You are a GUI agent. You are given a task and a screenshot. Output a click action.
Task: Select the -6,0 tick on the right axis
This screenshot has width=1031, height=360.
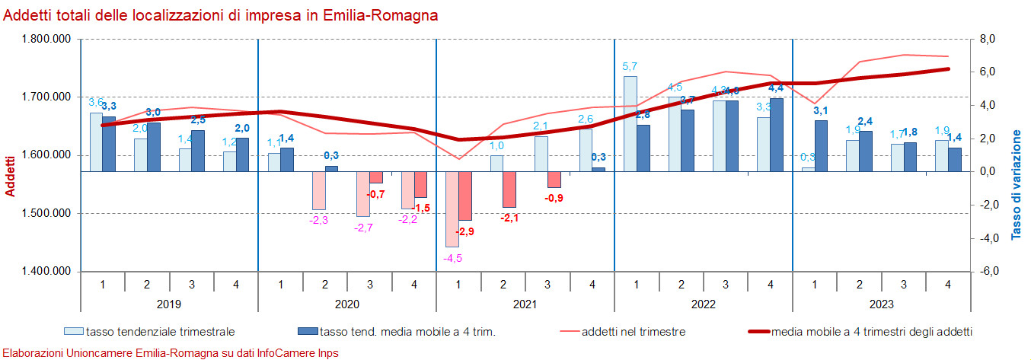coord(988,272)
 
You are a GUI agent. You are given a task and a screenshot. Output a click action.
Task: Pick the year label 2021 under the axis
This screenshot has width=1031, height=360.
coord(525,303)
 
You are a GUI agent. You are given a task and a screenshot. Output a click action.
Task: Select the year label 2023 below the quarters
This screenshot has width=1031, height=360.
coord(882,303)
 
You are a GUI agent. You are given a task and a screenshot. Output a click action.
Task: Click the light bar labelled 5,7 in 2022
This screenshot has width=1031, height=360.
coord(630,123)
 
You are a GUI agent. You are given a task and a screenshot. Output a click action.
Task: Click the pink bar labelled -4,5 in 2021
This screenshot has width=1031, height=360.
coord(452,209)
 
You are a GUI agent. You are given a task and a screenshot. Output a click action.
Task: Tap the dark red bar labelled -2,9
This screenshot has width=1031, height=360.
coord(465,196)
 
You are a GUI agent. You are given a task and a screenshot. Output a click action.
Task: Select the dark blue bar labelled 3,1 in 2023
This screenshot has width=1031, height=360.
coord(822,145)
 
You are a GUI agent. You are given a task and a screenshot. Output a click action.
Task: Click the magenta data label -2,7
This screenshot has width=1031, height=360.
coord(363,228)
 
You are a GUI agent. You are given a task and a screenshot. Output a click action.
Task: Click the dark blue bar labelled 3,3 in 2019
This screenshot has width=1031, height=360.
coord(109,144)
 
